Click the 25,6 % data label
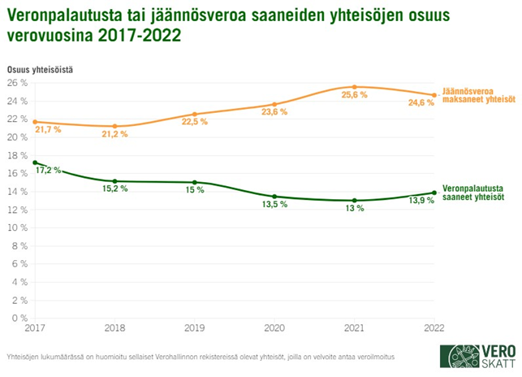[x=355, y=95]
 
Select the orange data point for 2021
[x=355, y=87]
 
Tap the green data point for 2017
[x=34, y=162]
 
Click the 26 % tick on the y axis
[x=18, y=83]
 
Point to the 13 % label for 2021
[x=354, y=209]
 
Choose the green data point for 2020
[x=274, y=197]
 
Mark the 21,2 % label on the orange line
[x=114, y=135]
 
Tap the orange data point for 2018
[x=114, y=127]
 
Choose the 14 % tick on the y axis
[x=18, y=192]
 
